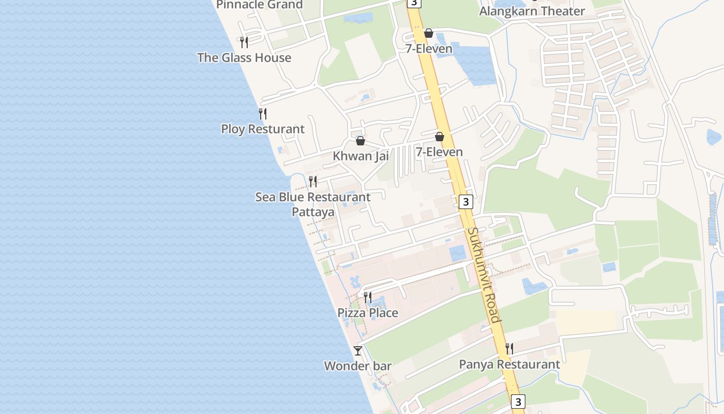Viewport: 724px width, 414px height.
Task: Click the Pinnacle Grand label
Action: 259,5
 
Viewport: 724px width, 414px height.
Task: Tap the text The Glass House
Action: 244,57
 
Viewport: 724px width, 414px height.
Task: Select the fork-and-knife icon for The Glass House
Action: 244,42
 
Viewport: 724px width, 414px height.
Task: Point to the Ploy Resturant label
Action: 263,129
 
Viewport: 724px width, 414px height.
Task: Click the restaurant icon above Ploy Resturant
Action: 263,113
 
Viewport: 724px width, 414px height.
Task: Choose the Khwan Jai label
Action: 360,156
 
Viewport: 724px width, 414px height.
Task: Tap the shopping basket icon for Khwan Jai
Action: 360,141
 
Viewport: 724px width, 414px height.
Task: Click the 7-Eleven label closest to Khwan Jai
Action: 439,152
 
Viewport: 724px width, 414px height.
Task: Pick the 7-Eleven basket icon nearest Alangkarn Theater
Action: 429,34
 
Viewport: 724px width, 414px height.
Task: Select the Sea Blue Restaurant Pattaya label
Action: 313,204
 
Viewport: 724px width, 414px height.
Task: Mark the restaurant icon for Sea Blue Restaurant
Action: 313,181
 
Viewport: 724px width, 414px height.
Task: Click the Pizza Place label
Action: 368,313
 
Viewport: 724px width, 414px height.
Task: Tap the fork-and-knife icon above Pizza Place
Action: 368,297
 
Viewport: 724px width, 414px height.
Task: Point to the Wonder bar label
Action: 357,366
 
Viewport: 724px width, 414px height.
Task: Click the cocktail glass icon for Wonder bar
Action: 357,351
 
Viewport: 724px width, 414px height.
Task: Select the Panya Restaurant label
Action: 509,364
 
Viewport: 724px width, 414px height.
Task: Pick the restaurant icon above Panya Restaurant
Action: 509,349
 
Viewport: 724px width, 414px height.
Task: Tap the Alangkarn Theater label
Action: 532,11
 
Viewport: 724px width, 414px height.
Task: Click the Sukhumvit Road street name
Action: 484,274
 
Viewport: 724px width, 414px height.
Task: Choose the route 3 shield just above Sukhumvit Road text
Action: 466,202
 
